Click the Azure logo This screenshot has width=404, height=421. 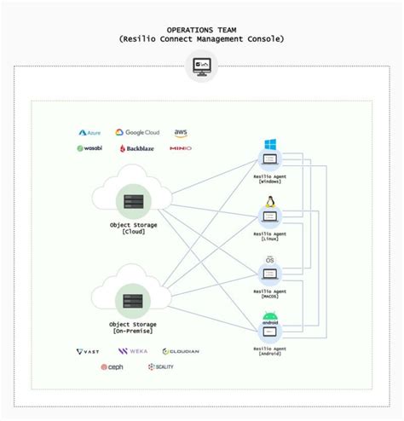tap(89, 133)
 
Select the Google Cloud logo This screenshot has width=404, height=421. tap(136, 133)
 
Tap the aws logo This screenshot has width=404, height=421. tap(181, 133)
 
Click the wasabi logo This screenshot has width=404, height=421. tap(90, 148)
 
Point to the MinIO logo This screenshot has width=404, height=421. tap(181, 148)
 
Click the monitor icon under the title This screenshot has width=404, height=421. tap(202, 66)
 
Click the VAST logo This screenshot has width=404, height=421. tap(89, 351)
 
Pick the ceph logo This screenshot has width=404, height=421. tap(113, 367)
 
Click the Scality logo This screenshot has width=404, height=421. tap(161, 367)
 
